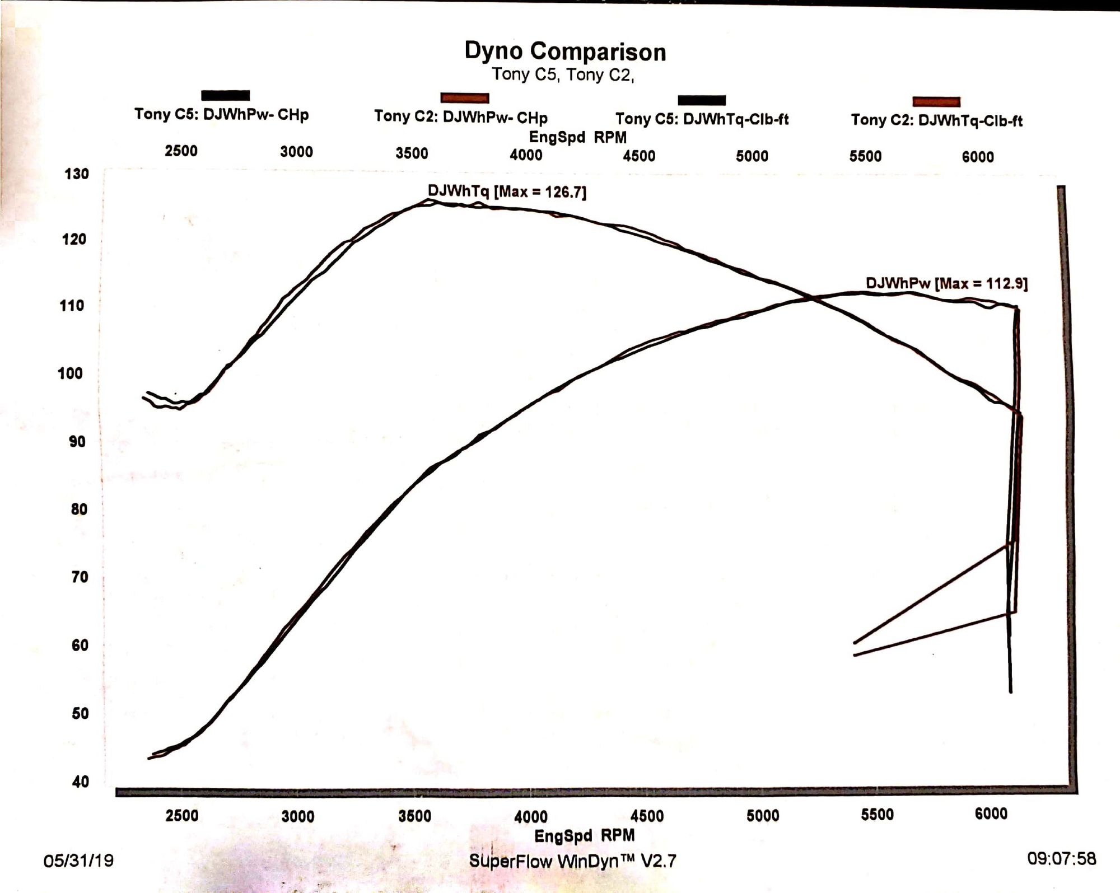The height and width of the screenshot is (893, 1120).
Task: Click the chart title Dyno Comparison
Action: point(565,52)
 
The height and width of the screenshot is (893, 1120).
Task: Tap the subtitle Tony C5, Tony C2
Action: point(562,74)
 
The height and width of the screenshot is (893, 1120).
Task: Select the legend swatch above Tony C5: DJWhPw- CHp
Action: point(225,95)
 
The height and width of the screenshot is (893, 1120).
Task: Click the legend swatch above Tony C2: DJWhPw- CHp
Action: point(464,99)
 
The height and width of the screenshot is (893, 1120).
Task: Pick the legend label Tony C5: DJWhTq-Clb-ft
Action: point(702,119)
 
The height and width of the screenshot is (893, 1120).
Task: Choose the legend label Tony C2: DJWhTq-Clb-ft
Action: point(936,120)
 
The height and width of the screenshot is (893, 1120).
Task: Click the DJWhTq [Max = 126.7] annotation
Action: point(507,191)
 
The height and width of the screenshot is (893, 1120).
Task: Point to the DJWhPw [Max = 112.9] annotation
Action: point(946,283)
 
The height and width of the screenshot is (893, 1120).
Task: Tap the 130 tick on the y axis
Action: point(77,174)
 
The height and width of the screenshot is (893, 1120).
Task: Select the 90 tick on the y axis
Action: point(78,442)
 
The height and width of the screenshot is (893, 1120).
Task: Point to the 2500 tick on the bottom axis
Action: point(182,815)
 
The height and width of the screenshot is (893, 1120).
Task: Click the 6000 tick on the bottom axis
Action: point(991,813)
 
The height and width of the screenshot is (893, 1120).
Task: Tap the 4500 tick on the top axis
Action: point(639,156)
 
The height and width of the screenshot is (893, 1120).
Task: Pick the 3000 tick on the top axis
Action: point(296,152)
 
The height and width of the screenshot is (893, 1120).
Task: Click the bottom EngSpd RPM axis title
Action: point(584,835)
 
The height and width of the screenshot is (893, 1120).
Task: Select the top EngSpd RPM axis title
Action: point(577,137)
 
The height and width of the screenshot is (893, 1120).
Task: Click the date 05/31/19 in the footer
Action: point(78,860)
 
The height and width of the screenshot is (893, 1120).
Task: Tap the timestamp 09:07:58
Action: point(1061,858)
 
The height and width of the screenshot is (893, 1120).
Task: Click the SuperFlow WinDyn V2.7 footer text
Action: point(572,861)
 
